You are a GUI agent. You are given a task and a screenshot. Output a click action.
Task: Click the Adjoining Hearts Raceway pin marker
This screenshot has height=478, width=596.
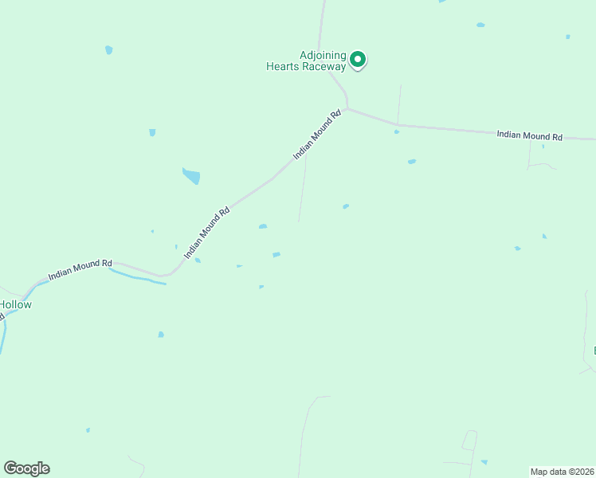click(359, 59)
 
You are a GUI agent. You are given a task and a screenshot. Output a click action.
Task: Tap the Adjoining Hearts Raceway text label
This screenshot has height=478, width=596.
click(306, 61)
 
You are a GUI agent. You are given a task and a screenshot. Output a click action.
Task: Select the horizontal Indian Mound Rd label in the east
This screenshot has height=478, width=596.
click(529, 135)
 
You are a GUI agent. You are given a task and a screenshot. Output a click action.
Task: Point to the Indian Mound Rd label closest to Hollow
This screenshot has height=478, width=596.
click(80, 268)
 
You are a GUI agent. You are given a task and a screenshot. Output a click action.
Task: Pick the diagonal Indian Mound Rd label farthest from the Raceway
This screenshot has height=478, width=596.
click(207, 233)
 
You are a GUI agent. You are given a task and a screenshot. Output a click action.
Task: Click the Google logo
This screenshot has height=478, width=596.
click(26, 468)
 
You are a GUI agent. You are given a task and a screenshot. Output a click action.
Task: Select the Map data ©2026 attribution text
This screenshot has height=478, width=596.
click(562, 471)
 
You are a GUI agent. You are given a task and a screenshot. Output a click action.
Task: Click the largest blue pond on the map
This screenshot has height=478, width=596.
click(191, 176)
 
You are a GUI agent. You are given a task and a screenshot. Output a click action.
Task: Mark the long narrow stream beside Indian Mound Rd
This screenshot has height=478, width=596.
click(137, 277)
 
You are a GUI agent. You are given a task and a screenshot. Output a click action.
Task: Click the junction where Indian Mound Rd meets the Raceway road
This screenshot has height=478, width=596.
click(347, 108)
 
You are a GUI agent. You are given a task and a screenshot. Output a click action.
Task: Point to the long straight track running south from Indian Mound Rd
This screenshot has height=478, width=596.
click(303, 187)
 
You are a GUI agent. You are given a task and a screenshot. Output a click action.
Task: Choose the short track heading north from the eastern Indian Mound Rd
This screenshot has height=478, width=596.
click(399, 104)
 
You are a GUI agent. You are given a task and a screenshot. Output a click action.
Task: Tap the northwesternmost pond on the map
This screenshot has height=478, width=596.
click(108, 50)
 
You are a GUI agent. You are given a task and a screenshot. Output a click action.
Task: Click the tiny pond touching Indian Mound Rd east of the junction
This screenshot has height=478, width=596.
click(397, 131)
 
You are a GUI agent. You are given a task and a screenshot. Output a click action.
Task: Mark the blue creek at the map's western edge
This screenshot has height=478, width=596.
click(2, 335)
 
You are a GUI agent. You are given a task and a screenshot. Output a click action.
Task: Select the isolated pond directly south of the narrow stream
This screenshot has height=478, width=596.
click(161, 335)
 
